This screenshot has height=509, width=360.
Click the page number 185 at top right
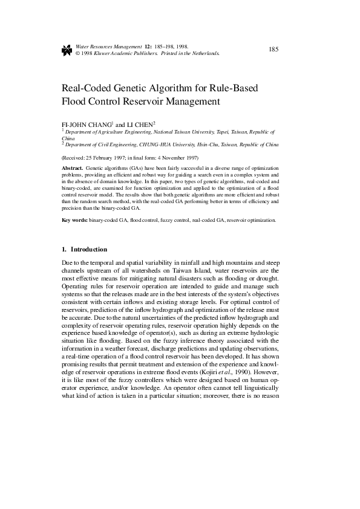273,49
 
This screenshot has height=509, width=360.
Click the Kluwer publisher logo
67,50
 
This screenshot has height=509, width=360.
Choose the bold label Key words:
75,221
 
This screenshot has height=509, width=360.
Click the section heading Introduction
89,249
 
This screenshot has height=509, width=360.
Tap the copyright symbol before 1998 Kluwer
77,53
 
